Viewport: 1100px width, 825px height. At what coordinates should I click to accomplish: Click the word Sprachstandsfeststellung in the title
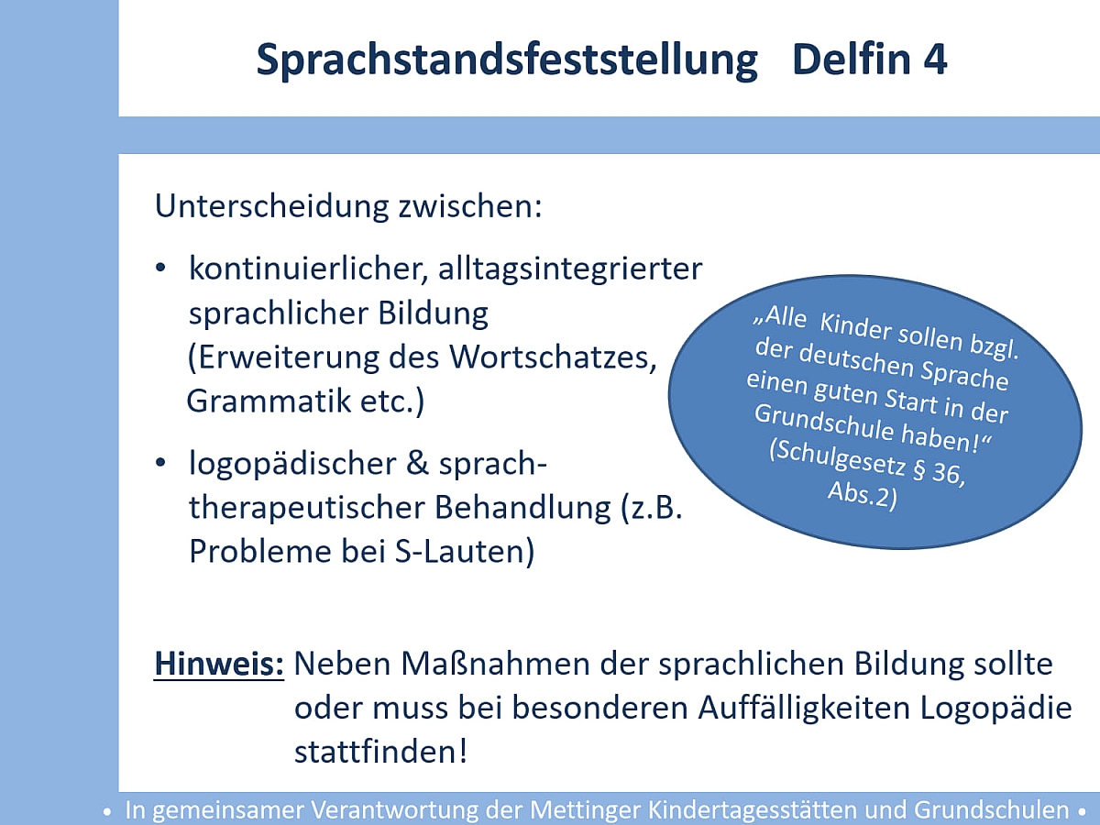pyautogui.click(x=507, y=60)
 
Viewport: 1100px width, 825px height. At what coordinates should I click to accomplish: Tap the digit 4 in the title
pyautogui.click(x=933, y=59)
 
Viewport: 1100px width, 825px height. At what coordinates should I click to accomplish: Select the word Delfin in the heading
pyautogui.click(x=851, y=59)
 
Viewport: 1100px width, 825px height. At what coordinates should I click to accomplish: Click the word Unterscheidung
pyautogui.click(x=272, y=206)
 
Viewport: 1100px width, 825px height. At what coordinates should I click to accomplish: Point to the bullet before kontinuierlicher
pyautogui.click(x=160, y=268)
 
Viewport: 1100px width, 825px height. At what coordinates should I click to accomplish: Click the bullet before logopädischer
pyautogui.click(x=160, y=462)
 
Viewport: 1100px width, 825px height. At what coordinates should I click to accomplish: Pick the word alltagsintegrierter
pyautogui.click(x=570, y=269)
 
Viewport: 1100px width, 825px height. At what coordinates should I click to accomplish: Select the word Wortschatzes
pyautogui.click(x=553, y=357)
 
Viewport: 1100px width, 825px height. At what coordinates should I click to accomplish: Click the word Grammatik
pyautogui.click(x=268, y=401)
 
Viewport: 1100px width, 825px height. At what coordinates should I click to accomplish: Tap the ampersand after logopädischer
pyautogui.click(x=417, y=463)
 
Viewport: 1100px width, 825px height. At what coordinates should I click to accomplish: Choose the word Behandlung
pyautogui.click(x=522, y=507)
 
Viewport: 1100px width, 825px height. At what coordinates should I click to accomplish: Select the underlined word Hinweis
pyautogui.click(x=219, y=664)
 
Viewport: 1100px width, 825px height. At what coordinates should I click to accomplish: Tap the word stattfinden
pyautogui.click(x=380, y=752)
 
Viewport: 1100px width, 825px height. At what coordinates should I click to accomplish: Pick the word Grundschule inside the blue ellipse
pyautogui.click(x=824, y=422)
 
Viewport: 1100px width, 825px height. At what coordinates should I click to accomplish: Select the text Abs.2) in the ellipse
pyautogui.click(x=862, y=496)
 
